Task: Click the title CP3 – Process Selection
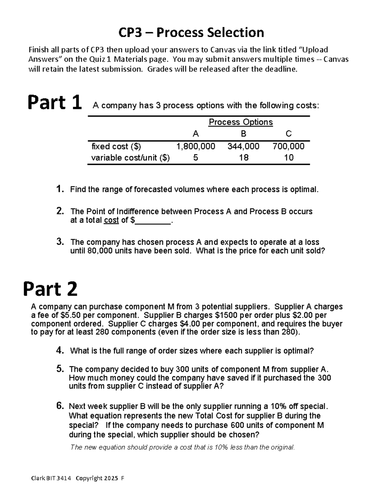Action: pos(191,33)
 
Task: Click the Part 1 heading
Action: pos(54,103)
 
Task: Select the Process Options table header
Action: pos(241,122)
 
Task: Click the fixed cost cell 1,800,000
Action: pos(196,147)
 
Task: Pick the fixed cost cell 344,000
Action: pos(243,147)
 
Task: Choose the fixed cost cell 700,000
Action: pos(288,147)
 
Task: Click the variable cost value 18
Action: pos(244,157)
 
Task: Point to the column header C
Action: pos(289,134)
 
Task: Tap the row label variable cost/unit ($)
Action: pos(130,158)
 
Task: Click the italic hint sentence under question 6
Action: pos(182,447)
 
